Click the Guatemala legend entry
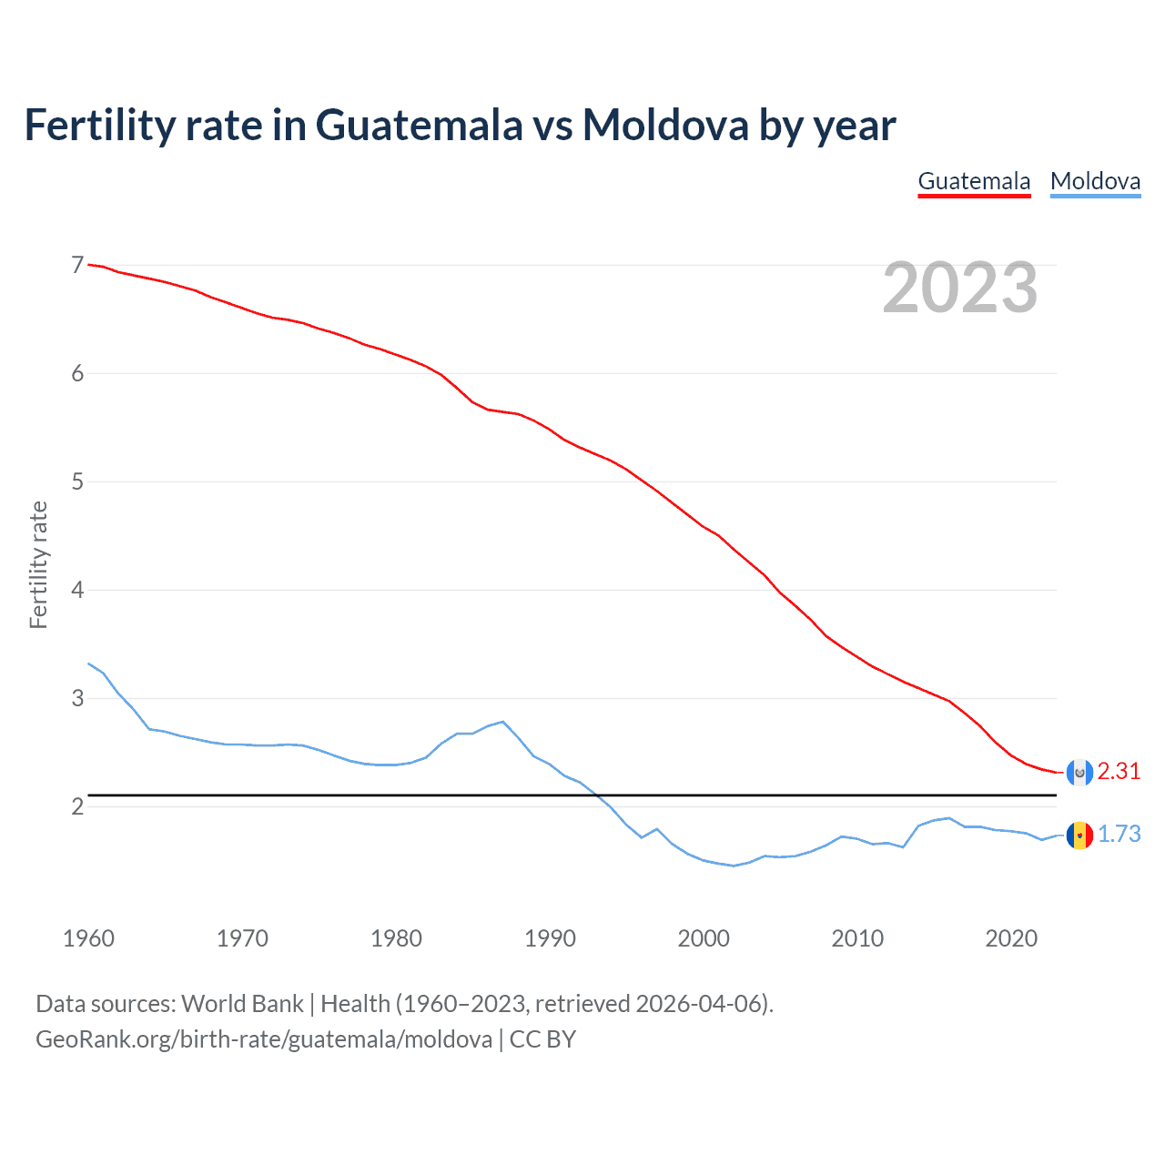coord(974,181)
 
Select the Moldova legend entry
coord(1095,181)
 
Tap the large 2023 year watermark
coord(959,288)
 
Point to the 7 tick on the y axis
coord(77,265)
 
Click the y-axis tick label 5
coord(77,481)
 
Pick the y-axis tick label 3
coord(77,698)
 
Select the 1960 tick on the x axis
coord(88,938)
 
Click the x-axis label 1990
coord(550,938)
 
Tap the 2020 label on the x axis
coord(1011,938)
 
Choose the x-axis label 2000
coord(704,938)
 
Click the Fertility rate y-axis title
coord(38,564)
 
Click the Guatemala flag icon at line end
coord(1079,772)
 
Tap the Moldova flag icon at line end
coord(1079,835)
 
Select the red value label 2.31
coord(1119,772)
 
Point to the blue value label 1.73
coord(1119,835)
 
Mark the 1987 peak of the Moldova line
coord(502,722)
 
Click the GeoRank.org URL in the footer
coord(264,1039)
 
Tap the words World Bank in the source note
coord(242,1004)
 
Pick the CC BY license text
coord(542,1039)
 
